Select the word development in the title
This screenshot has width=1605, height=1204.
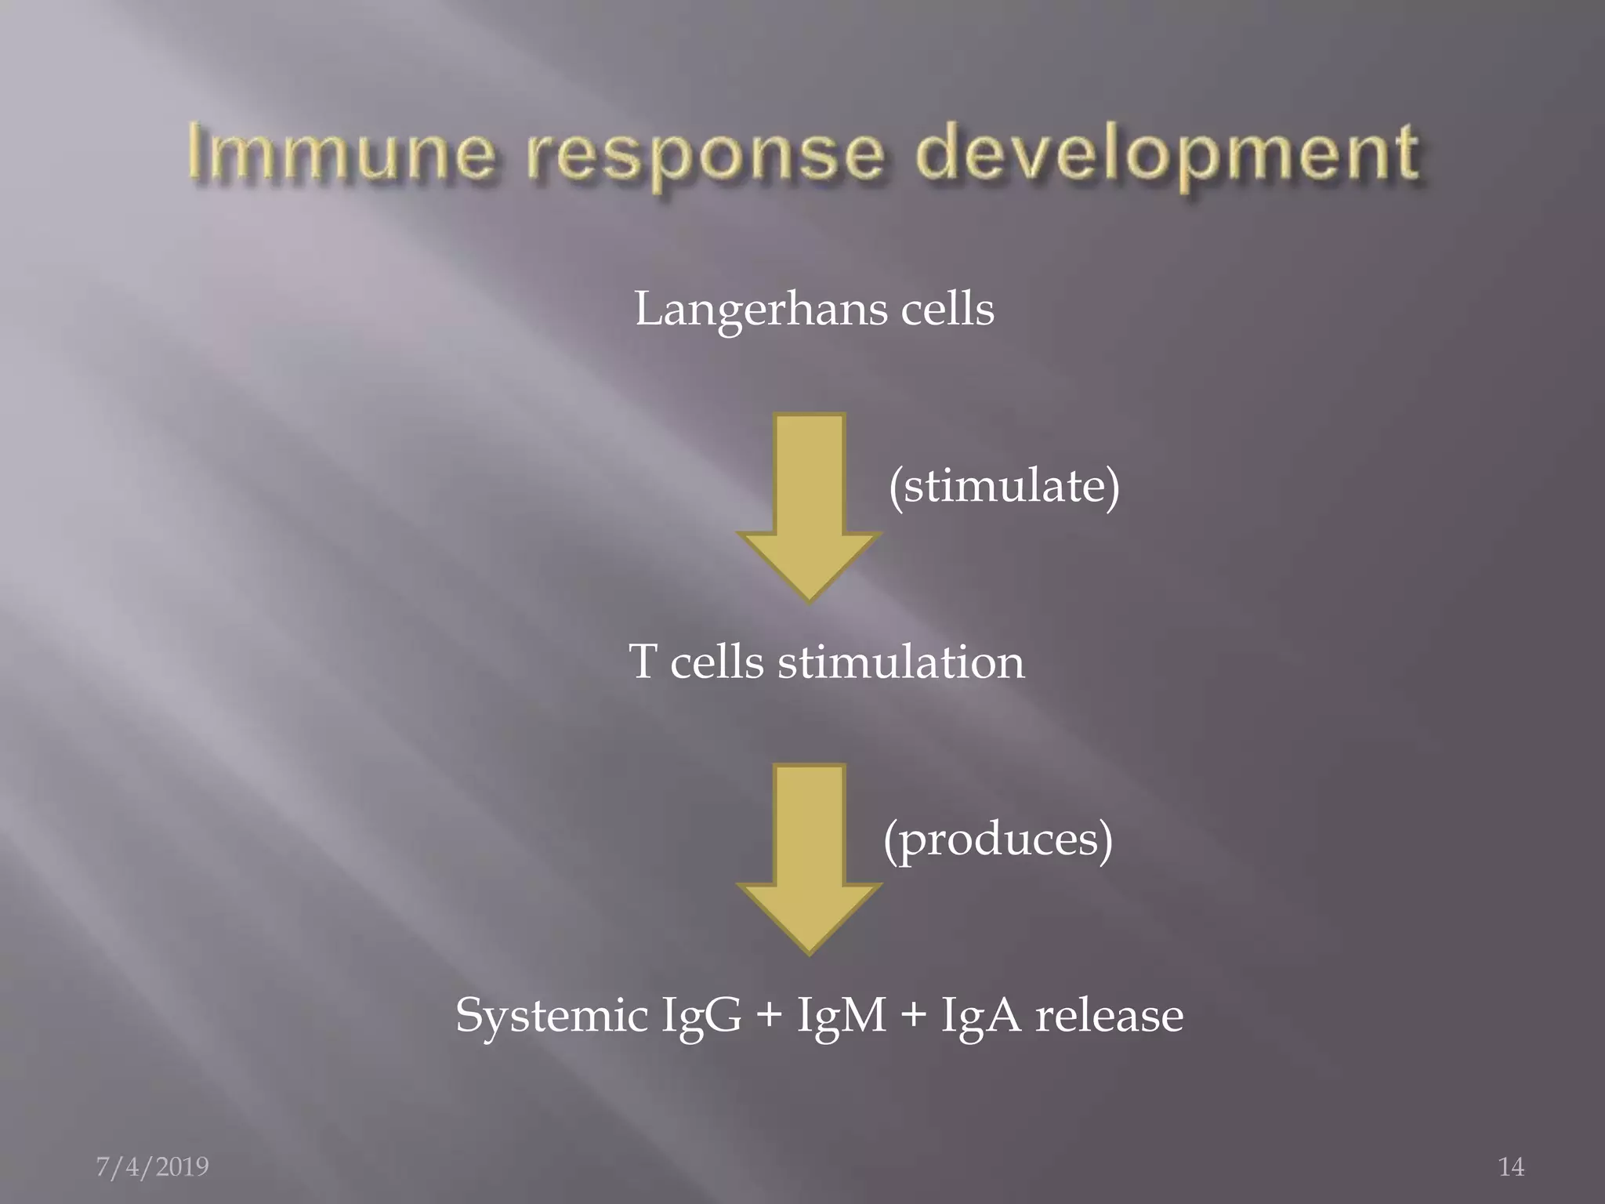(1167, 157)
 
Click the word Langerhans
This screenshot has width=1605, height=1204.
(760, 310)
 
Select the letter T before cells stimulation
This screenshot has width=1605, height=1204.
(642, 662)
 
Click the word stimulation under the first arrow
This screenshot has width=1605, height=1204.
(900, 662)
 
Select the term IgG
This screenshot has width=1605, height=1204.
(701, 1017)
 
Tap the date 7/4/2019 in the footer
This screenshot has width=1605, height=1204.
(152, 1167)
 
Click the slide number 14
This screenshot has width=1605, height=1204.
(1511, 1167)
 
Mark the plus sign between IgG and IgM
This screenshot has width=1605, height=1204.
(770, 1017)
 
